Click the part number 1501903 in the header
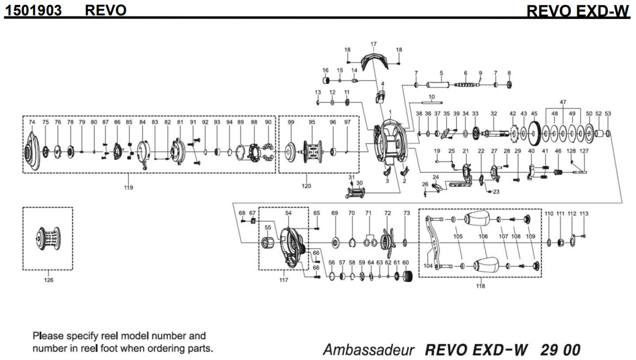pyautogui.click(x=36, y=10)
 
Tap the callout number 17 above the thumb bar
pyautogui.click(x=373, y=44)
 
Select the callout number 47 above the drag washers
pyautogui.click(x=563, y=101)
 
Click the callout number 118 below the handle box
pyautogui.click(x=481, y=285)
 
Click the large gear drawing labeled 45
pyautogui.click(x=533, y=132)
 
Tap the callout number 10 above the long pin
pyautogui.click(x=432, y=96)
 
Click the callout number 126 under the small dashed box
pyautogui.click(x=48, y=280)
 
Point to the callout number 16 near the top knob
pyautogui.click(x=326, y=70)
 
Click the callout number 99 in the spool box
pyautogui.click(x=291, y=122)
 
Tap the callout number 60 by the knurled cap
pyautogui.click(x=405, y=262)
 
